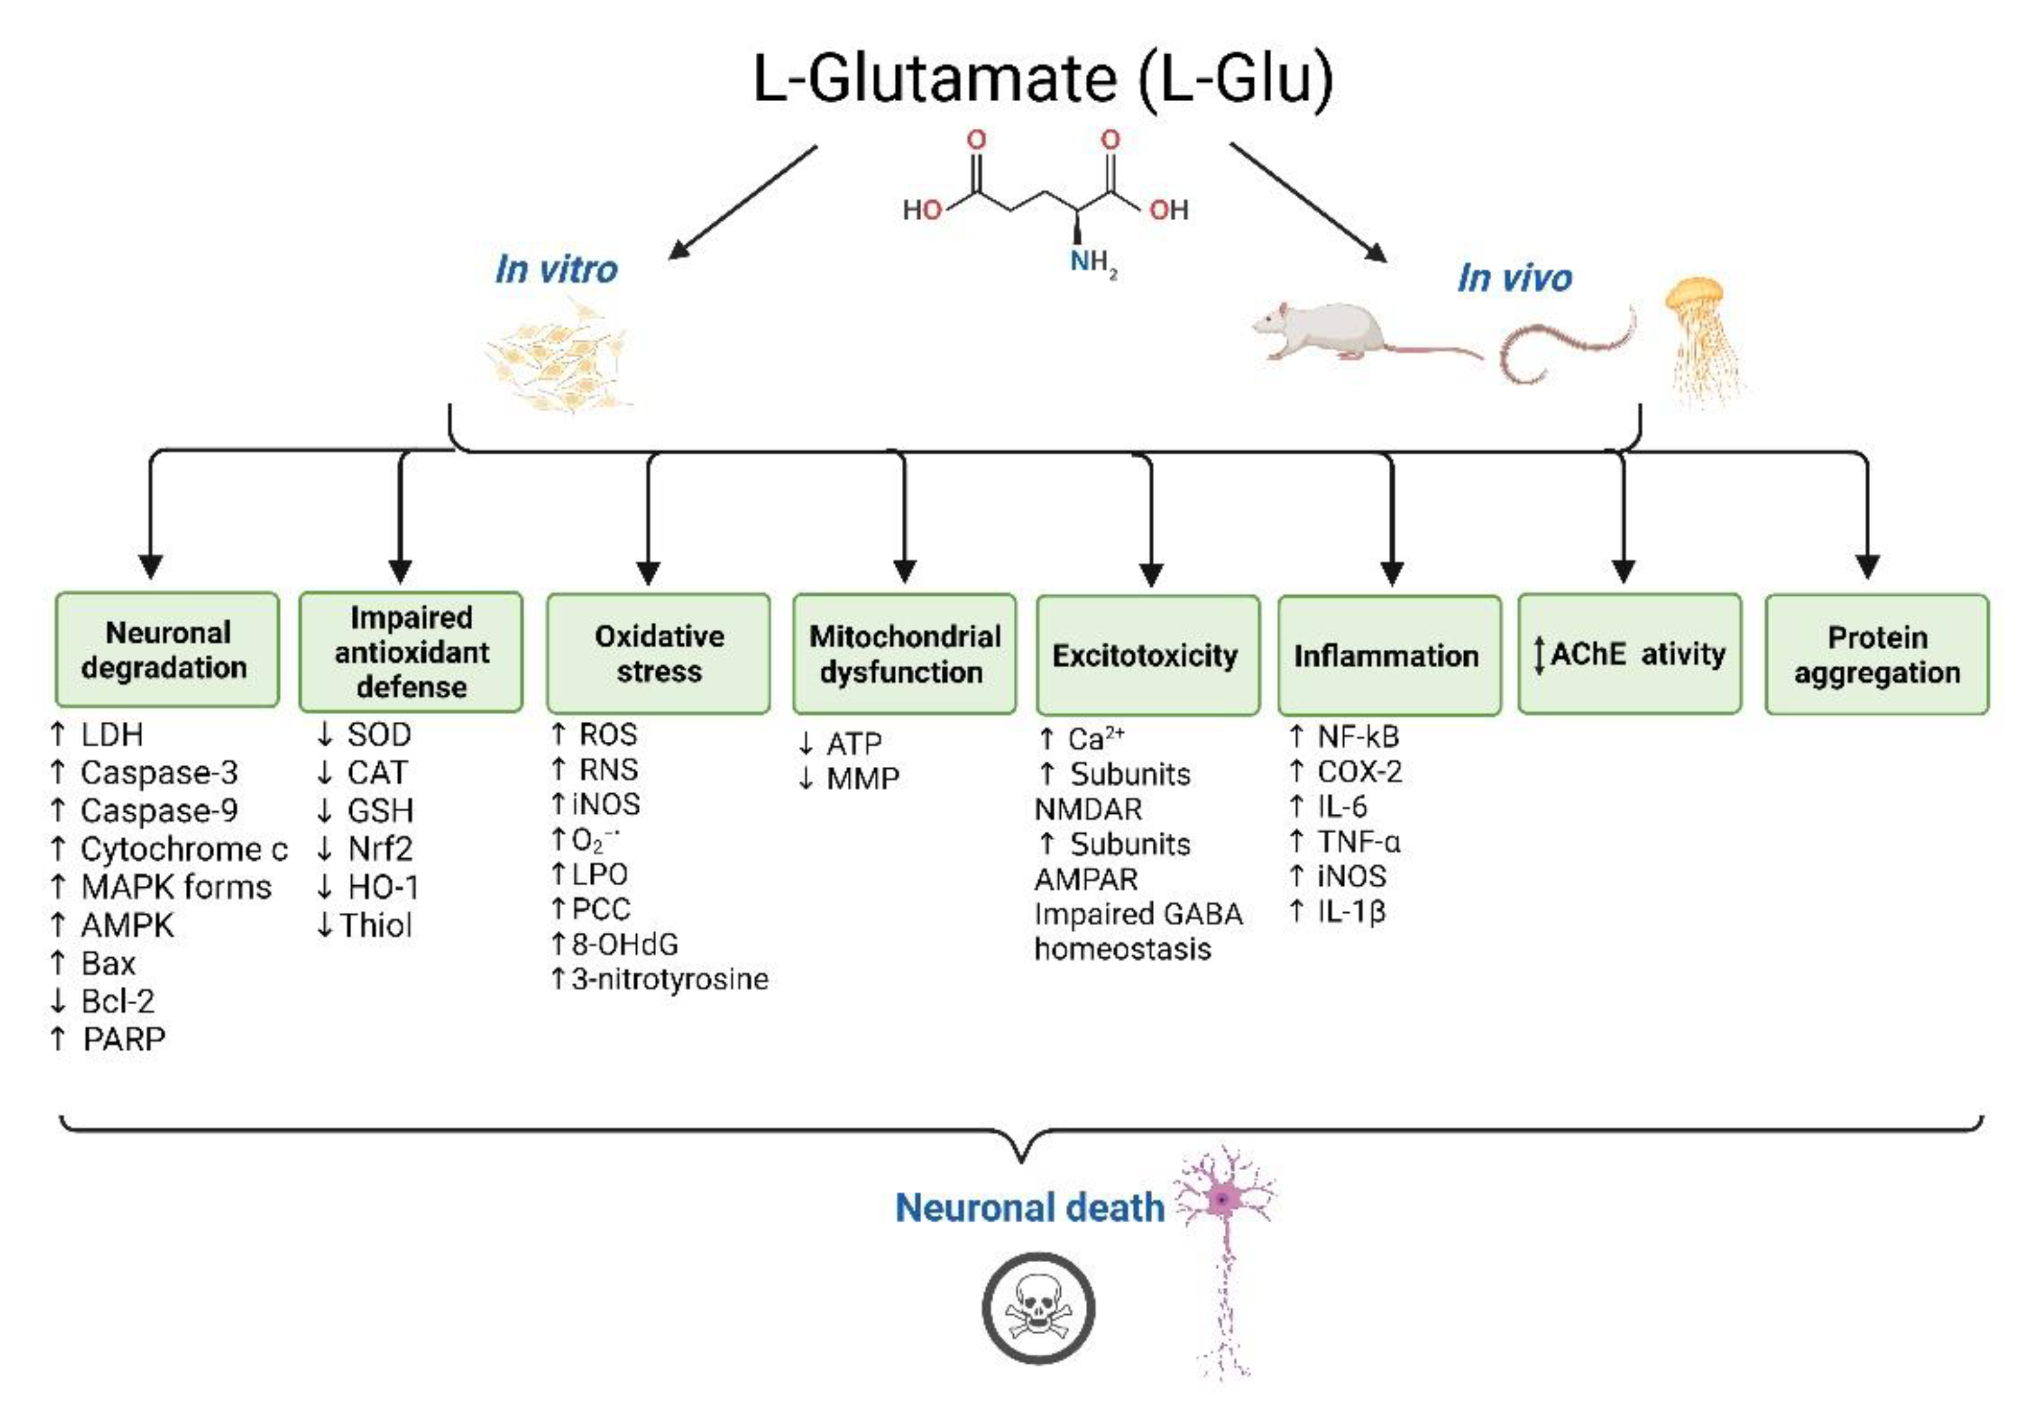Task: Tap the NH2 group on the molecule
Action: click(1092, 262)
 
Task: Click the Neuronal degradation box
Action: click(166, 650)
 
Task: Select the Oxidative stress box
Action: click(658, 653)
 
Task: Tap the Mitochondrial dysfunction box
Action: click(904, 654)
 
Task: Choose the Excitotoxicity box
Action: click(1147, 655)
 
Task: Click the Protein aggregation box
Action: click(1876, 654)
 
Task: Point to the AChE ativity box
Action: click(1629, 653)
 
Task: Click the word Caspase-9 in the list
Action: click(159, 810)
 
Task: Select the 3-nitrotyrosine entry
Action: click(669, 978)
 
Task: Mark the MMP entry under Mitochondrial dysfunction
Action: click(862, 779)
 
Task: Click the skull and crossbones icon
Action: click(1038, 1308)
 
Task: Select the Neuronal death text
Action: click(1029, 1207)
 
